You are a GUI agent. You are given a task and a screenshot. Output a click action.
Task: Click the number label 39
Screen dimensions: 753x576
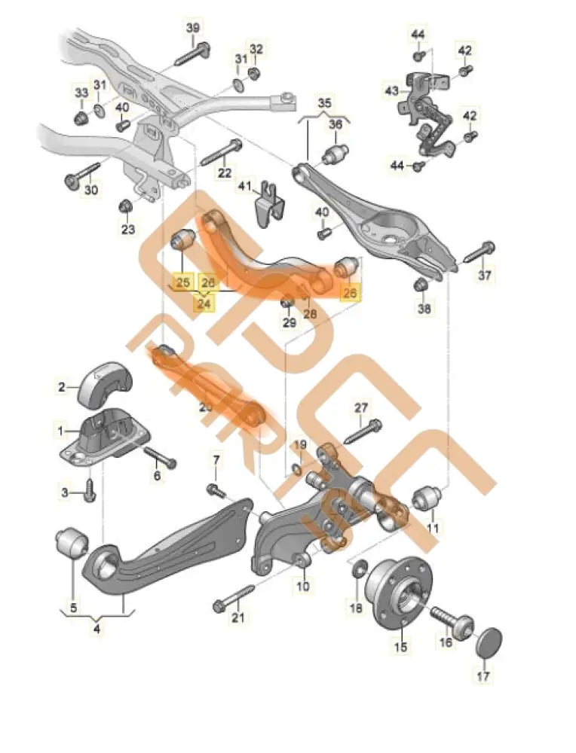click(193, 28)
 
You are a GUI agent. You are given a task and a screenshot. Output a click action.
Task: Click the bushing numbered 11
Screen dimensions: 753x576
click(427, 499)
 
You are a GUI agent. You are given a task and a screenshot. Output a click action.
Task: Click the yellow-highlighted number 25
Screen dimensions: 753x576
click(182, 283)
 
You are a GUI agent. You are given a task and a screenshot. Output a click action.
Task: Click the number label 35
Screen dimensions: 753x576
click(323, 102)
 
